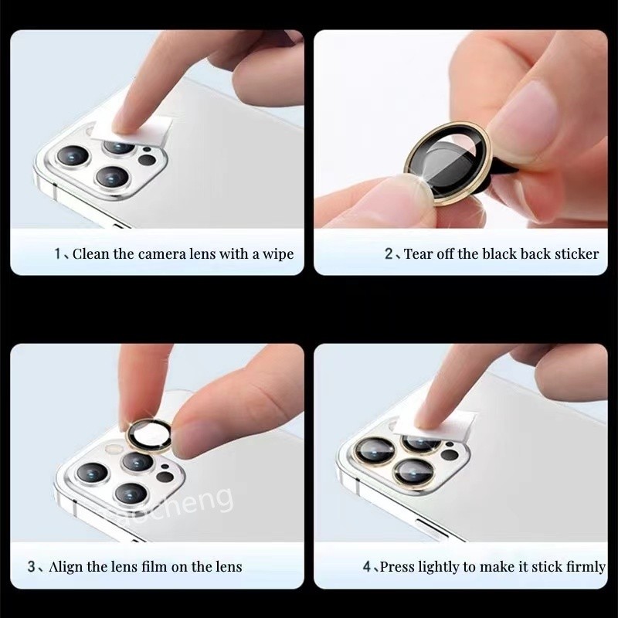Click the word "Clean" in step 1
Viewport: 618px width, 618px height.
click(x=91, y=254)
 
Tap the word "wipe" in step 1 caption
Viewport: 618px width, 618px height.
click(x=278, y=254)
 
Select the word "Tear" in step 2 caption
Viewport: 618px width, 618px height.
click(x=417, y=254)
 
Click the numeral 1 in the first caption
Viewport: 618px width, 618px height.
click(x=57, y=254)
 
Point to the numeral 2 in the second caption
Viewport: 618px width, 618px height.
click(x=389, y=254)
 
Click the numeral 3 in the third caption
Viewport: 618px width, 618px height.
click(x=32, y=567)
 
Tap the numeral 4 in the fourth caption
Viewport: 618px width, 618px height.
click(x=367, y=567)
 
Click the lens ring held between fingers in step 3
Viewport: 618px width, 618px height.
click(x=130, y=436)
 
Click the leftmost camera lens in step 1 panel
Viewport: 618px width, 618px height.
click(x=73, y=156)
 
